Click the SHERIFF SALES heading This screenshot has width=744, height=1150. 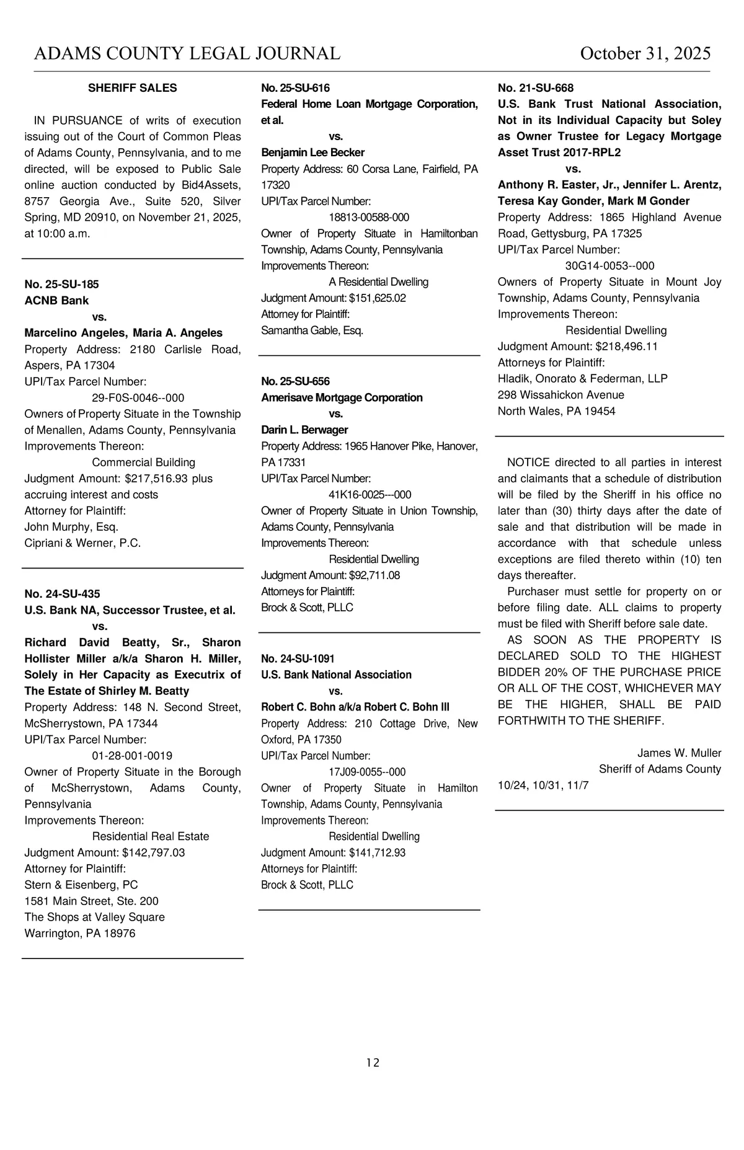132,88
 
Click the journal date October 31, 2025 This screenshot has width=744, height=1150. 645,54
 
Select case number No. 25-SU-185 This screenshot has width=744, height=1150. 61,285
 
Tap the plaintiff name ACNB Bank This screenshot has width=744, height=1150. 56,301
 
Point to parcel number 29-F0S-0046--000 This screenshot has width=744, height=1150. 138,398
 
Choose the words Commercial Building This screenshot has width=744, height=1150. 143,462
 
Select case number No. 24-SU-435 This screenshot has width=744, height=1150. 62,594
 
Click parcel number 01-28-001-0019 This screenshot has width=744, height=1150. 132,756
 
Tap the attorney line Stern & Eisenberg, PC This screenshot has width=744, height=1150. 81,885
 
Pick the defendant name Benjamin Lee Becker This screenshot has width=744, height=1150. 312,153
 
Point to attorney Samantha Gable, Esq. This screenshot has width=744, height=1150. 312,330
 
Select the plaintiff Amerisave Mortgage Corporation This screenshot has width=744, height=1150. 342,397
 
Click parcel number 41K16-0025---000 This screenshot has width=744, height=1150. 370,495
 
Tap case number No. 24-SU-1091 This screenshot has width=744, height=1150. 298,658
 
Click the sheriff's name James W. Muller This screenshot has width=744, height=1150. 679,753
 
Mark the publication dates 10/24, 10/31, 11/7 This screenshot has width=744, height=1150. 543,785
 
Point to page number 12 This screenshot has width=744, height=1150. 373,1063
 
